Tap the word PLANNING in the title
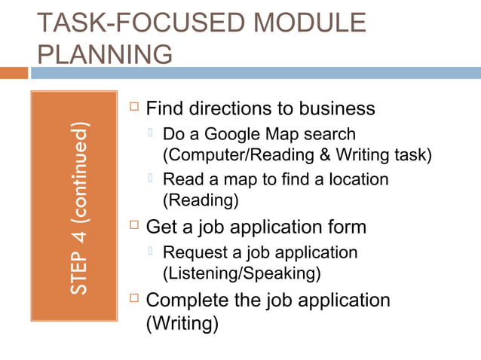click(104, 54)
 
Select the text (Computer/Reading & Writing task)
click(298, 155)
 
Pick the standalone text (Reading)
click(201, 200)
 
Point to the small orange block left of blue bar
click(14, 73)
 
